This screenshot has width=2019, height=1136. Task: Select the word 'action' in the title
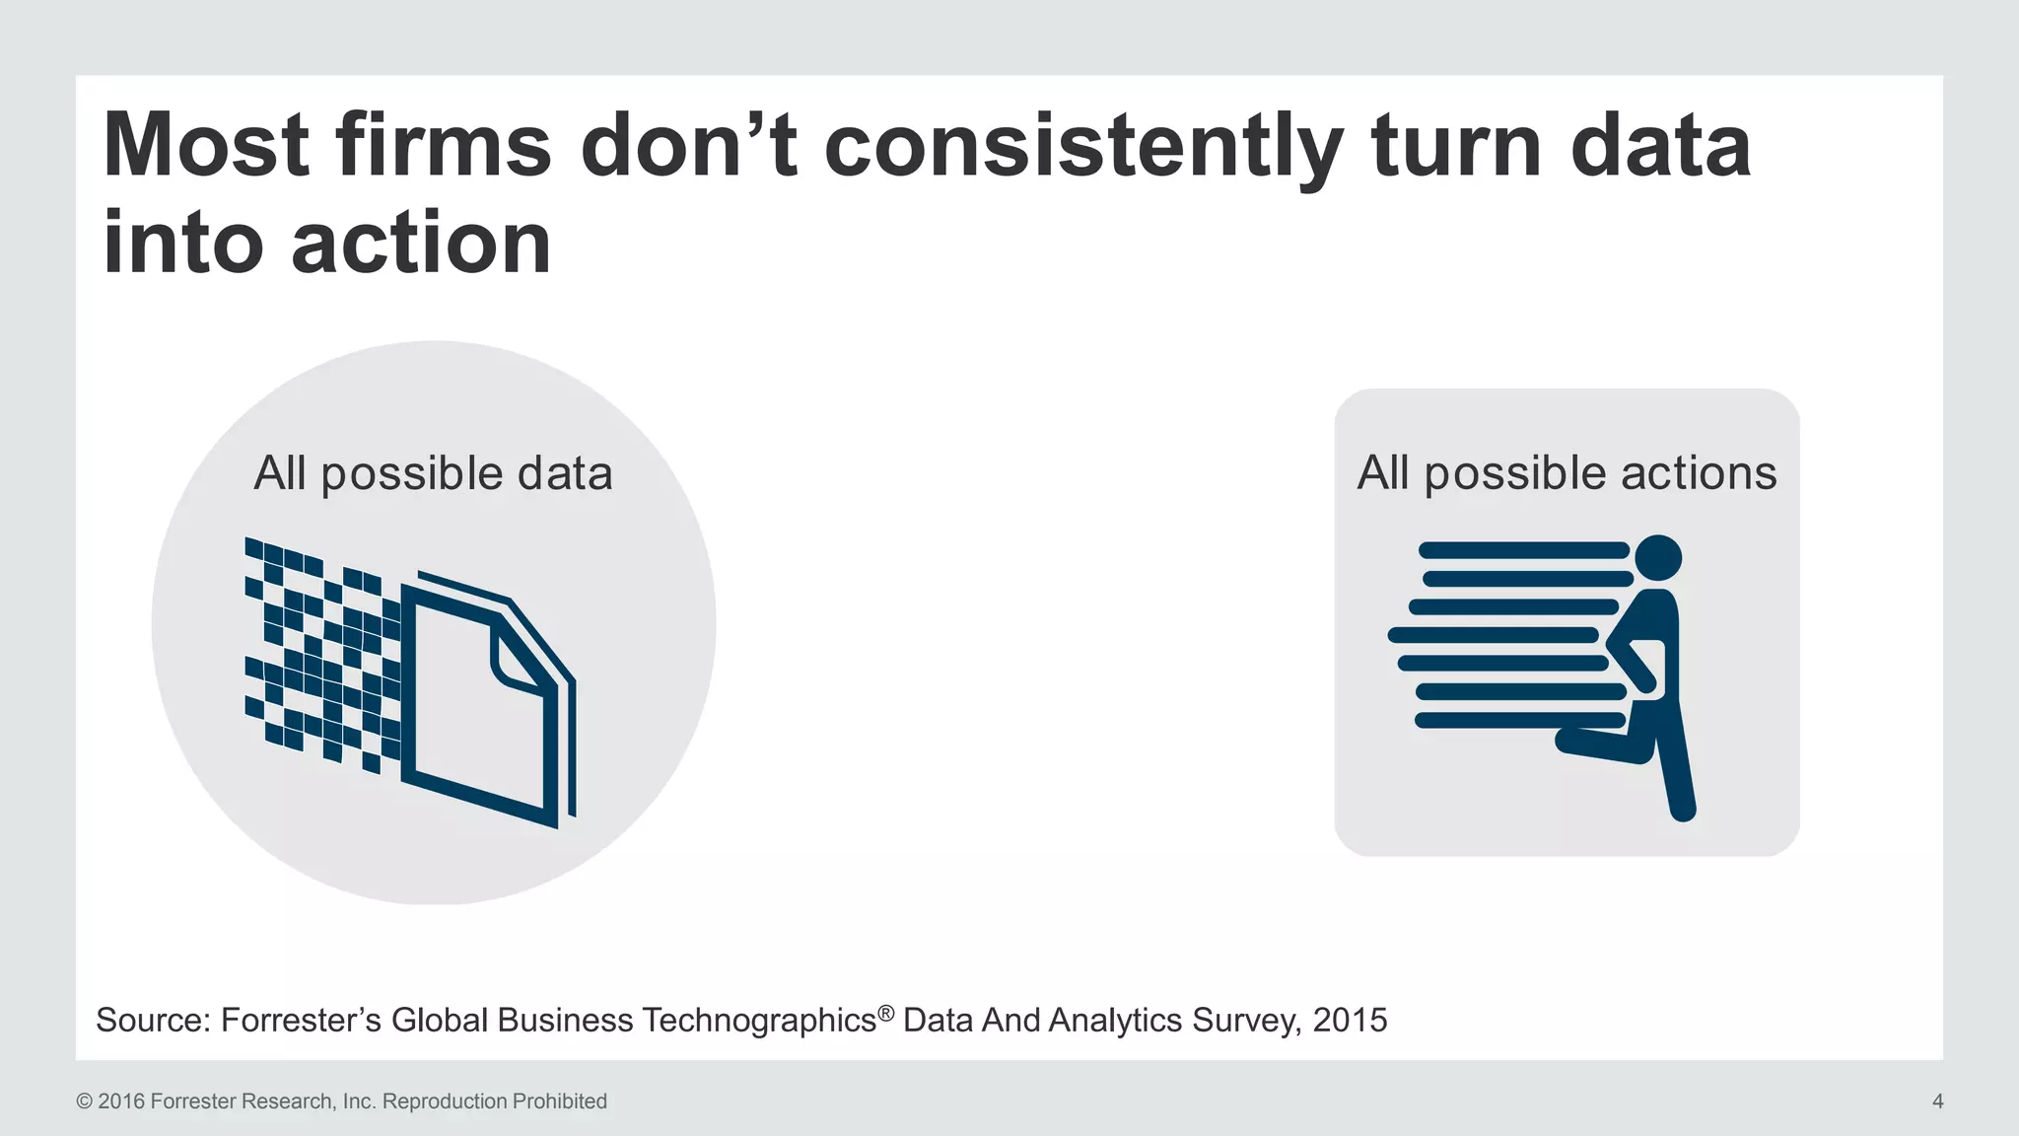pos(421,244)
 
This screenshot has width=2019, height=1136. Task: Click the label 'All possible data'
pos(433,473)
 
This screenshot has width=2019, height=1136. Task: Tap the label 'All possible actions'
pos(1566,473)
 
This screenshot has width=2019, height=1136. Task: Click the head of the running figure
pos(1657,558)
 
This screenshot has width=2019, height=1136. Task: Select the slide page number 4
pos(1937,1101)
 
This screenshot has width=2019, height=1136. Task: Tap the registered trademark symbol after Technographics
pos(885,1012)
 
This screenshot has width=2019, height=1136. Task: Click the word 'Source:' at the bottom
pos(153,1020)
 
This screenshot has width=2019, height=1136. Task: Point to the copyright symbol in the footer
pos(84,1101)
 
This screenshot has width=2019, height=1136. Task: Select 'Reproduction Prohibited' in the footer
pos(494,1101)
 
